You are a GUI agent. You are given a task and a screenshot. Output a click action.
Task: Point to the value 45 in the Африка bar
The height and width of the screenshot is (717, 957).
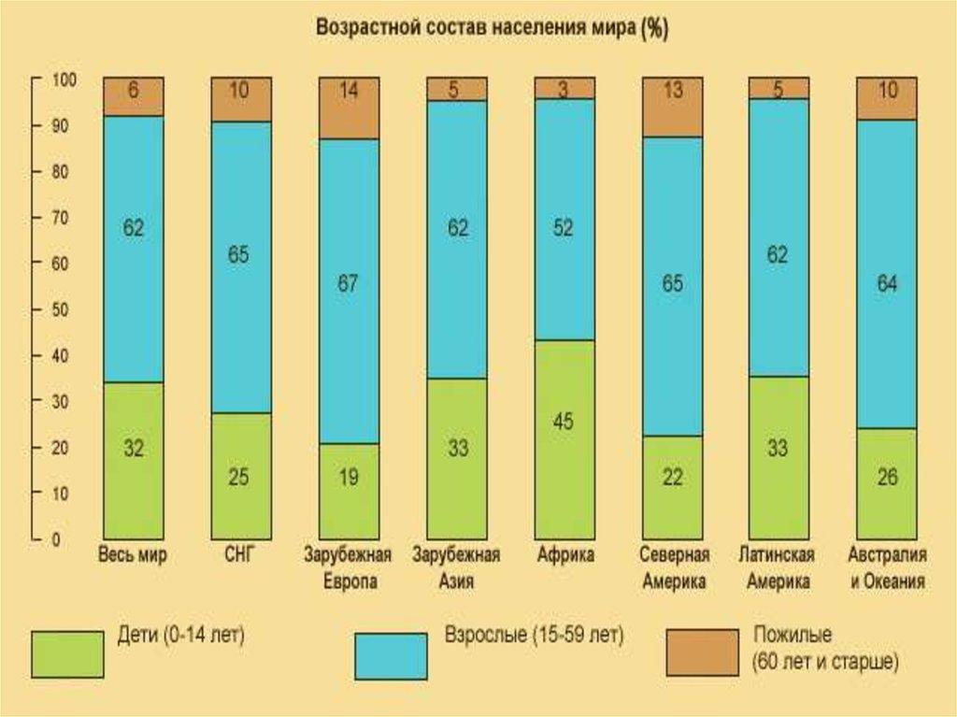point(563,422)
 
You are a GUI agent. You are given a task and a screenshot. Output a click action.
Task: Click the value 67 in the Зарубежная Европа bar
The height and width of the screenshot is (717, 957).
point(348,284)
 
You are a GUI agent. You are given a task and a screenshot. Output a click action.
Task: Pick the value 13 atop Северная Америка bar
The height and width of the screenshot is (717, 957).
point(673,91)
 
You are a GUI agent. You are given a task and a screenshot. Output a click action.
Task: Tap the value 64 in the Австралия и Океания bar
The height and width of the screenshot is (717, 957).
point(887,284)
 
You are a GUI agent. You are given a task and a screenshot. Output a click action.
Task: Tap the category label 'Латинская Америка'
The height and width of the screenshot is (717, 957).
point(778,568)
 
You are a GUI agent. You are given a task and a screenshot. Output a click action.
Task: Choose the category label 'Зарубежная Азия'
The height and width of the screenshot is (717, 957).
point(456,568)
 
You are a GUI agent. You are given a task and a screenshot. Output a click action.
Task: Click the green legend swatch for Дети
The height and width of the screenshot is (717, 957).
point(67,653)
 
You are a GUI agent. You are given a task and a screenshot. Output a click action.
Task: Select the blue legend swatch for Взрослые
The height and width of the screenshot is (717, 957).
point(391,653)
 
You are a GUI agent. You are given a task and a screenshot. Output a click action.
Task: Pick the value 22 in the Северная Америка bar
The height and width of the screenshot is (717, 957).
point(672,478)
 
